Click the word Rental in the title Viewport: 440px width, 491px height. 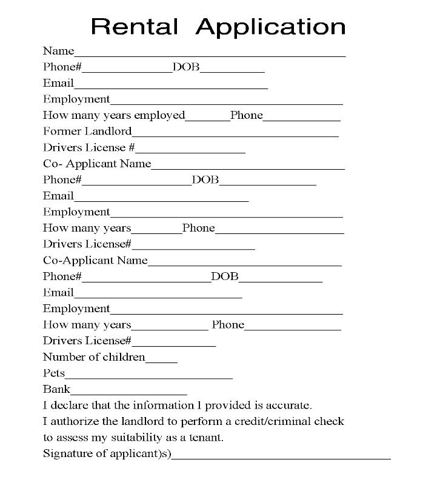coord(134,26)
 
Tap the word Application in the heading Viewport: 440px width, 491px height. coord(271,27)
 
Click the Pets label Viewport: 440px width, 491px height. coord(54,373)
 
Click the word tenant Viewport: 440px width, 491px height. coord(206,437)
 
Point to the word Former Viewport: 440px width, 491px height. coord(62,131)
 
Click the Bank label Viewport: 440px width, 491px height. coord(56,389)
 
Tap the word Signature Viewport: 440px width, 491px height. coord(67,453)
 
